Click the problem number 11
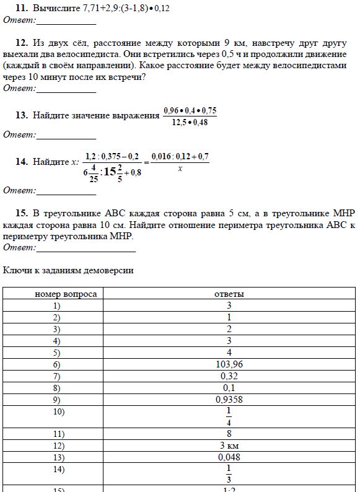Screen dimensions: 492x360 coord(21,9)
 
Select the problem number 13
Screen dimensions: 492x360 coord(21,115)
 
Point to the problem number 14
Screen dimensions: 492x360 coord(21,162)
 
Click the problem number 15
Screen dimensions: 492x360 coord(21,213)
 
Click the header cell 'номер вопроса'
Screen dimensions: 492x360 coord(66,294)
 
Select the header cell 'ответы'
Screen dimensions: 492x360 coord(229,294)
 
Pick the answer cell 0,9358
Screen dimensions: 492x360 coord(229,400)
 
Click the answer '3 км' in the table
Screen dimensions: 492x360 coord(229,446)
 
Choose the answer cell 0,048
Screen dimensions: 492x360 coord(229,457)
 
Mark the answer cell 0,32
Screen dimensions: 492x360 coord(229,376)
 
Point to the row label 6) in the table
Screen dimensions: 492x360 coord(57,364)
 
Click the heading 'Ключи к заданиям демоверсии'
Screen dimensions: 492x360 coord(68,271)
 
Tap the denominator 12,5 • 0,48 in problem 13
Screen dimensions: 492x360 coord(190,122)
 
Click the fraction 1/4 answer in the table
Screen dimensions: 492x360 coord(229,416)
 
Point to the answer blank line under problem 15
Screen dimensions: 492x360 coord(86,251)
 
